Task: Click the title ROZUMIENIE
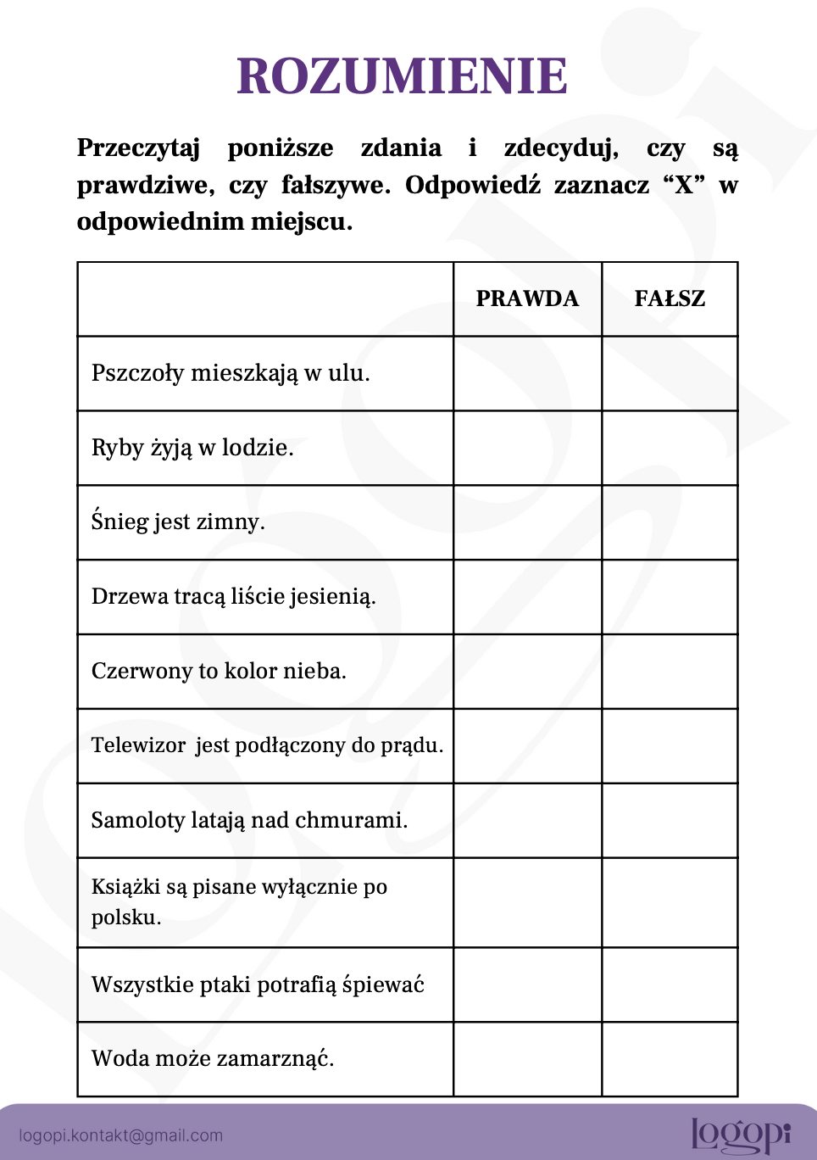402,76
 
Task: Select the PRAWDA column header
527,298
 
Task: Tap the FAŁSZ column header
670,298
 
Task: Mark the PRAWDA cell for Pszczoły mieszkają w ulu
527,373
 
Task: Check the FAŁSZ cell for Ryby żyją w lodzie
670,448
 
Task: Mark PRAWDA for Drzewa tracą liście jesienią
527,597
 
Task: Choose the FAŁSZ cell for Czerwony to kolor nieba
670,672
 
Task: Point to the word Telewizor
138,745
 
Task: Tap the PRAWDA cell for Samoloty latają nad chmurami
527,820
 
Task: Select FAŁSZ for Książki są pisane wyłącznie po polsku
670,902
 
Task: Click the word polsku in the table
125,917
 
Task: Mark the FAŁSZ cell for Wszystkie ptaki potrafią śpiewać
670,984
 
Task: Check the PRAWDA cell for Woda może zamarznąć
527,1059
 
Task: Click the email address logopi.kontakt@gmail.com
120,1135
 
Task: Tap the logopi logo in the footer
740,1135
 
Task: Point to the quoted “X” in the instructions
684,185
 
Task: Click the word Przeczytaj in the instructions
138,148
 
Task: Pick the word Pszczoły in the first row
137,373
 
